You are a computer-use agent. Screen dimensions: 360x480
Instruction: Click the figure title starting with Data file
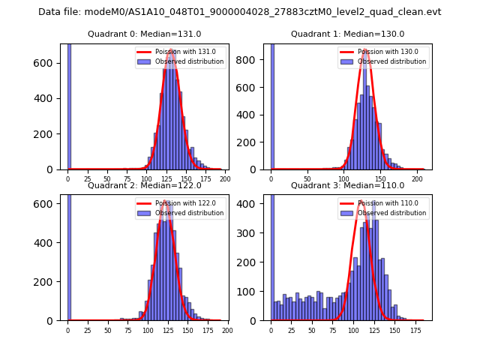pos(240,12)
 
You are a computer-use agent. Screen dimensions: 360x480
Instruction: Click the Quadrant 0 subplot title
pos(145,34)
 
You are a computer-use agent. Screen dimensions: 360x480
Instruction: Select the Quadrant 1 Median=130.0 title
pos(347,34)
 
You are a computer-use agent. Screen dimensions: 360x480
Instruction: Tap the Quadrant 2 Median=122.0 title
pos(145,185)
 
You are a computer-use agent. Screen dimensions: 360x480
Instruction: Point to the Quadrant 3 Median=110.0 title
pos(347,185)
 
